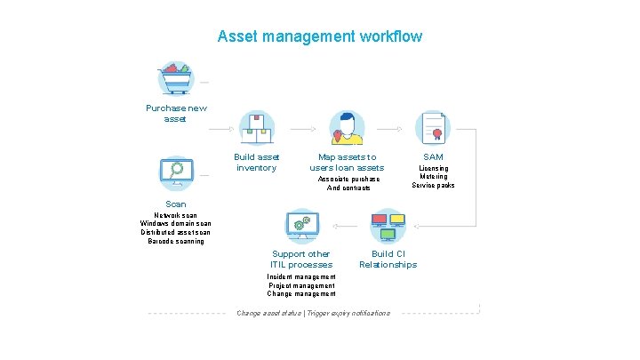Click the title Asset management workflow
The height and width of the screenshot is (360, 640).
[x=320, y=36]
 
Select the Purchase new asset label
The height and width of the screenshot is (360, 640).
[x=176, y=113]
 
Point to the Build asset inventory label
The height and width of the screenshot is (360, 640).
[x=257, y=162]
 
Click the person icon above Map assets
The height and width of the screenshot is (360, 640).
[x=347, y=128]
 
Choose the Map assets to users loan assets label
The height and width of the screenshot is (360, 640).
[x=347, y=162]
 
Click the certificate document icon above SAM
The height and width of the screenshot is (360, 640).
[x=434, y=128]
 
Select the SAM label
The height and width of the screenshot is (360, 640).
[x=434, y=156]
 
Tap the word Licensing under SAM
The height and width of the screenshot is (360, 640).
[x=434, y=168]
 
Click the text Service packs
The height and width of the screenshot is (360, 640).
[x=434, y=185]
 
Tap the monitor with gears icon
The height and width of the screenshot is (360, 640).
[x=301, y=225]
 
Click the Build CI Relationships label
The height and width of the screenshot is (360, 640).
[x=388, y=259]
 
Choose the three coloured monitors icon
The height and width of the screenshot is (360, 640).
[x=388, y=225]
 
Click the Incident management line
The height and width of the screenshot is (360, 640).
[x=301, y=276]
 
